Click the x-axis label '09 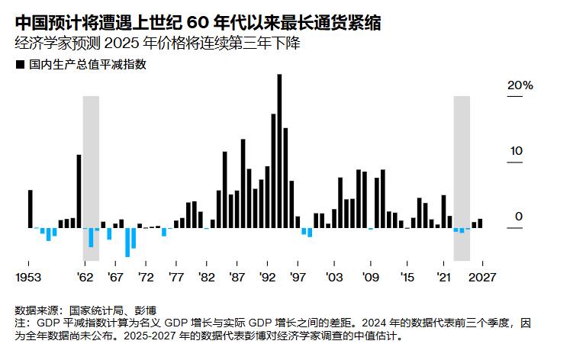click(x=372, y=277)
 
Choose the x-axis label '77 click(x=176, y=277)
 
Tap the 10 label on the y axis click(x=517, y=151)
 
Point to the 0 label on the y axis click(x=519, y=217)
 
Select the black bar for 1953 click(x=31, y=209)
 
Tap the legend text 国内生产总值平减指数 click(x=87, y=66)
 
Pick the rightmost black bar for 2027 click(x=480, y=223)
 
